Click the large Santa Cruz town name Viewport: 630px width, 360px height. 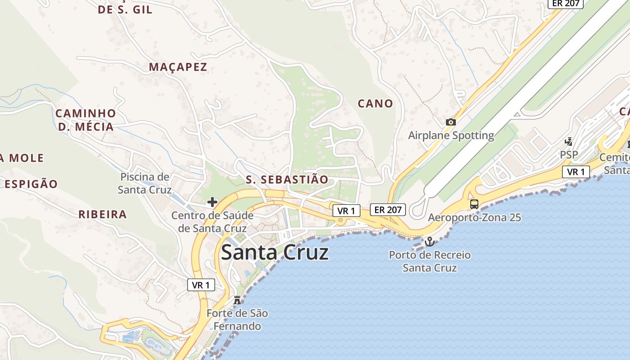coord(274,252)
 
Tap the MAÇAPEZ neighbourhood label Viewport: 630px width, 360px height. coord(178,67)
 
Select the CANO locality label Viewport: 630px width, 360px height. coord(375,103)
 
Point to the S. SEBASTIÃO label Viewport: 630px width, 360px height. coord(287,180)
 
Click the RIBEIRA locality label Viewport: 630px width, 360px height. coord(103,214)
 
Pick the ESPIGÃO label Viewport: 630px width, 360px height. coord(31,184)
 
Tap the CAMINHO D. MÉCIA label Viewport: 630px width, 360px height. coord(85,120)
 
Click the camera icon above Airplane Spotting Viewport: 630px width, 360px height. coord(450,122)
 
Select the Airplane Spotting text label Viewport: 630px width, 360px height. coord(451,135)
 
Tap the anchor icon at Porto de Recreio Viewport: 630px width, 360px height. coord(430,242)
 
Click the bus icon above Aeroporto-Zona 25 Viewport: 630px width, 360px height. coord(474,204)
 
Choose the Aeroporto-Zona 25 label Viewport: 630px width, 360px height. coord(474,218)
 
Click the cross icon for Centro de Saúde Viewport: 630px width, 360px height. coord(212,202)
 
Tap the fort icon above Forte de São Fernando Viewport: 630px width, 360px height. coord(237,300)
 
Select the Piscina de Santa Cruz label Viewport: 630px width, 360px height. coord(144,183)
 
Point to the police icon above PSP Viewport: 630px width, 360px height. coord(569,141)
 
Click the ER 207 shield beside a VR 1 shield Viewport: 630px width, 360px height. coord(388,209)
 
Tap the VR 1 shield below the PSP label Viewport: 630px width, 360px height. coord(576,172)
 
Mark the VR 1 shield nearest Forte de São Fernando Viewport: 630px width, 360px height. coord(201,285)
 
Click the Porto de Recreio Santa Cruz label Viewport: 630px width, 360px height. coord(430,261)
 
